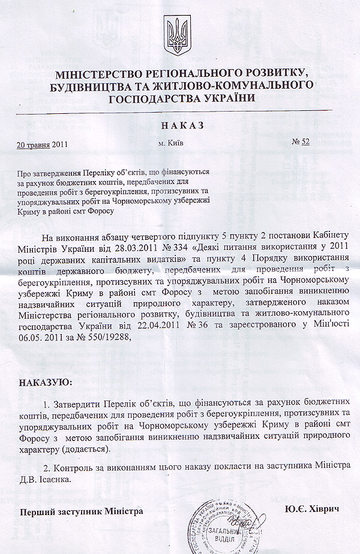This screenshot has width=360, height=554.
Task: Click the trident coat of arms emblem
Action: coord(177,36)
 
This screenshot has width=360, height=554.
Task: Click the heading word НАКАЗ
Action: coord(182,125)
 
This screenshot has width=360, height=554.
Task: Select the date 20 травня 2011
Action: coord(44,144)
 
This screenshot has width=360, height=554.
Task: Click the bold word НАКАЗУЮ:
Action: coord(46,382)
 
